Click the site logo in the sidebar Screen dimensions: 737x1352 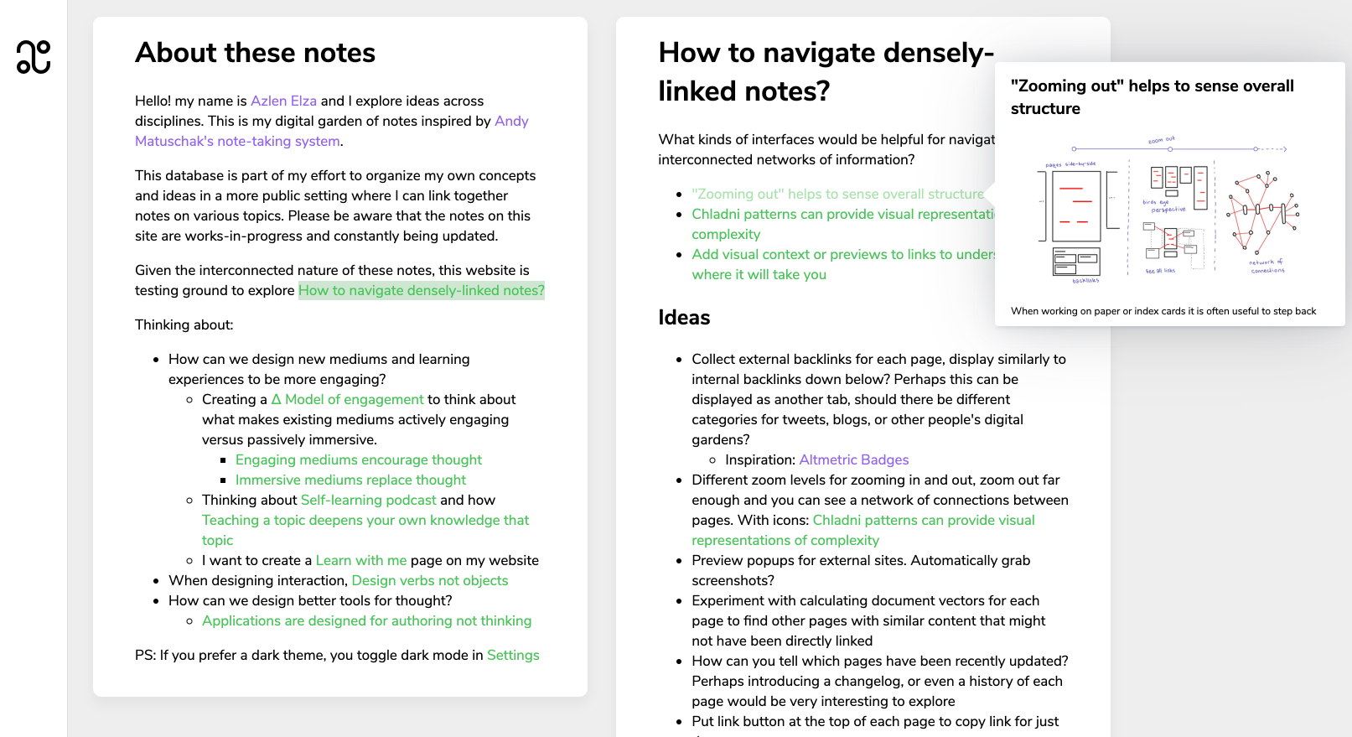click(34, 57)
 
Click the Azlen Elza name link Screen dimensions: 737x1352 click(283, 101)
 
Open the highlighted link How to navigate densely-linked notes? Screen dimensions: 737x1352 click(421, 290)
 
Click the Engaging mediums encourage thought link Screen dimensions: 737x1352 click(358, 459)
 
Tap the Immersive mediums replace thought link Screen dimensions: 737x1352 click(350, 480)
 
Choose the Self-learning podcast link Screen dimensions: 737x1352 click(368, 500)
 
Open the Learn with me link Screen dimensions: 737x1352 click(360, 560)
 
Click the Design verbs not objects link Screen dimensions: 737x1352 click(429, 580)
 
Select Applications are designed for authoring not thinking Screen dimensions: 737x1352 click(366, 620)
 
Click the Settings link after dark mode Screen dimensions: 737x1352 click(513, 655)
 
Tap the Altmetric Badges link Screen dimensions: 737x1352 click(853, 459)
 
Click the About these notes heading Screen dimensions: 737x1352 click(255, 53)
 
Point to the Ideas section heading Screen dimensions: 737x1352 click(684, 317)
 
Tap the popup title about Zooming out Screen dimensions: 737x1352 click(1152, 96)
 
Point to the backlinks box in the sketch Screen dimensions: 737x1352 click(1076, 262)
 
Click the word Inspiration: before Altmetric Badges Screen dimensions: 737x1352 click(759, 459)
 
